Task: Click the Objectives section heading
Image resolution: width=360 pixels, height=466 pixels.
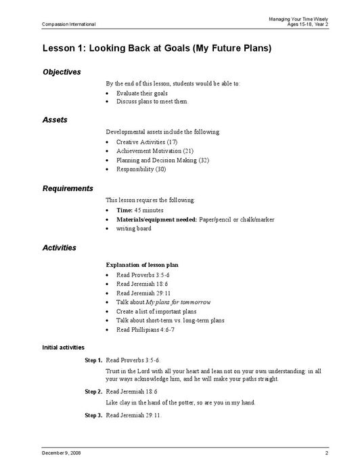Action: pos(62,72)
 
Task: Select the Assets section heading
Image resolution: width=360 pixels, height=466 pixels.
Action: pos(54,120)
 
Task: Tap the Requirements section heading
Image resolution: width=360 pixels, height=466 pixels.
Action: pos(68,188)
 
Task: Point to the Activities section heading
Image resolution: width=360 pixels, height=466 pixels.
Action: pos(59,248)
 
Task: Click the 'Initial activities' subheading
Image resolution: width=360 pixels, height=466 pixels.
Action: pos(64,347)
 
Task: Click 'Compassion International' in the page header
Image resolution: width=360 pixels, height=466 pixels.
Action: pos(68,24)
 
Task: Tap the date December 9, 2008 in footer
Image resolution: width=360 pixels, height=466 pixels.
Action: pos(62,452)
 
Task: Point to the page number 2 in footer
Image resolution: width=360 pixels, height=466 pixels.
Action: pos(326,452)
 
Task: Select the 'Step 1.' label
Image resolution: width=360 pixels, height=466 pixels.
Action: pos(93,360)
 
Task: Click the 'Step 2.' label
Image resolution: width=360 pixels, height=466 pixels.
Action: pos(93,391)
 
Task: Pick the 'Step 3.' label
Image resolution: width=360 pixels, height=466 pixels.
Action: pos(93,415)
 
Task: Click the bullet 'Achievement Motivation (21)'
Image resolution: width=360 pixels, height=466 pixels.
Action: pos(155,150)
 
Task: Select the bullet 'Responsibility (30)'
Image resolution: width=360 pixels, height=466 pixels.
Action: pos(141,169)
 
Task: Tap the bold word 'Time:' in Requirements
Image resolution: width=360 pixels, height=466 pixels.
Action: pos(125,210)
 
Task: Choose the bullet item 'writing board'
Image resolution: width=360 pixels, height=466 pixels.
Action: pos(134,228)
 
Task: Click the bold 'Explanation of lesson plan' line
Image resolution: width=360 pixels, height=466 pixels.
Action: pos(152,263)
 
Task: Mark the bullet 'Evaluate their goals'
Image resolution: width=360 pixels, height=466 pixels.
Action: pos(141,92)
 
